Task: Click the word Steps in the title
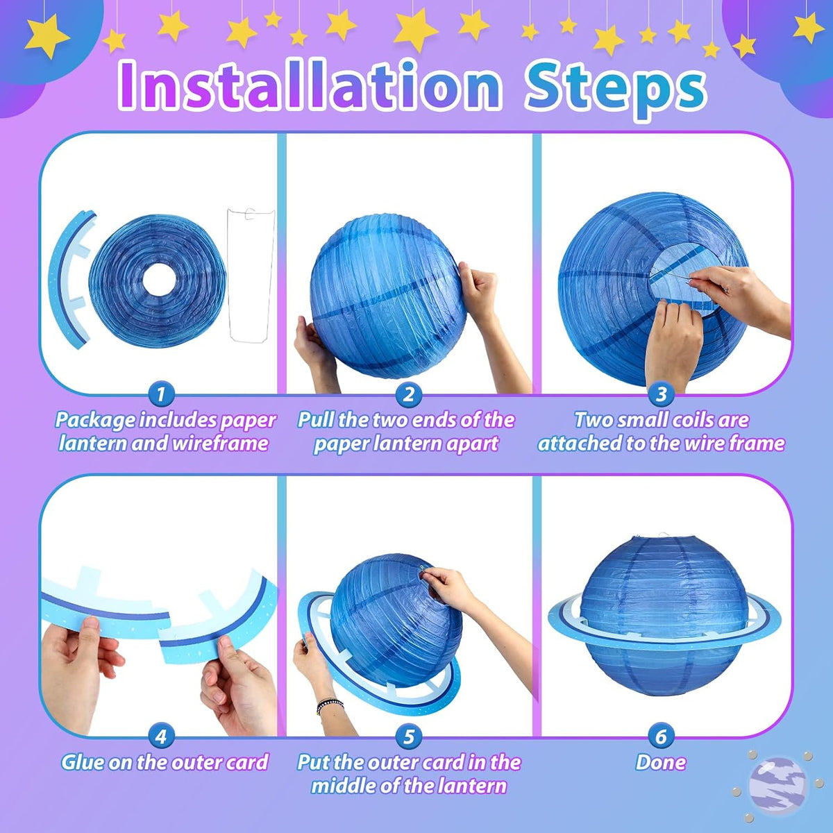[616, 90]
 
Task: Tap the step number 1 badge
[161, 394]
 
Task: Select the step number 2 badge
[408, 394]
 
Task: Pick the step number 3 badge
[661, 394]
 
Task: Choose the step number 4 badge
[161, 737]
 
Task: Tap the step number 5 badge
[408, 737]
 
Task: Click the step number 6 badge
[661, 737]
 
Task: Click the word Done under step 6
[661, 762]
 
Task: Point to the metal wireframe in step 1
[230, 277]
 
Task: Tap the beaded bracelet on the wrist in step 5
[329, 704]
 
